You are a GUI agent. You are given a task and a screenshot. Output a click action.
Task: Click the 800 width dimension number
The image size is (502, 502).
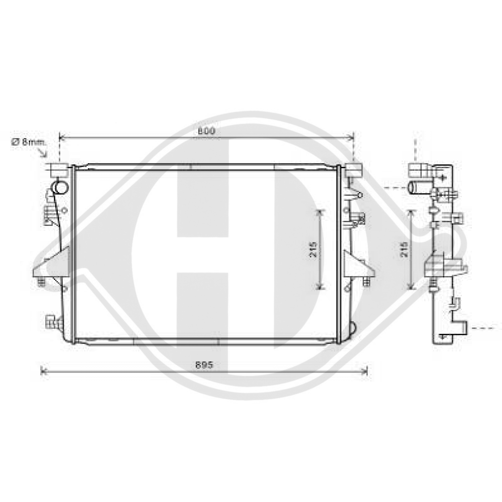tap(206, 131)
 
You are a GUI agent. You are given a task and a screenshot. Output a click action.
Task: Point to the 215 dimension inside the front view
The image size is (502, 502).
tap(313, 249)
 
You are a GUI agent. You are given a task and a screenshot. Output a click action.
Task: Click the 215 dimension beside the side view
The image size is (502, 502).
tap(405, 249)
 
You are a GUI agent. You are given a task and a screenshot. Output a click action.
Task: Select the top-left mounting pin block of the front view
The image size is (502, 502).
tap(59, 169)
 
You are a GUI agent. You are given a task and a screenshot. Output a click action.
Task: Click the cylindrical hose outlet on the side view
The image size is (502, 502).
tap(418, 188)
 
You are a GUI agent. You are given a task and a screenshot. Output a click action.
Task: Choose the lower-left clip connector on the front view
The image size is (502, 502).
tap(52, 321)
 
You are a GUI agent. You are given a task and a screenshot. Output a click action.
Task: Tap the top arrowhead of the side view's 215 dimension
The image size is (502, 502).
tap(412, 212)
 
